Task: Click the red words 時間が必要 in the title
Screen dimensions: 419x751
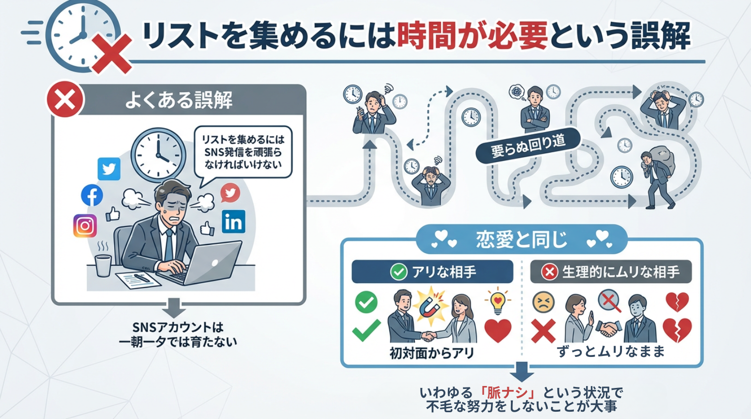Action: [472, 36]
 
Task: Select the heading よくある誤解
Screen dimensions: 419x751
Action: [179, 100]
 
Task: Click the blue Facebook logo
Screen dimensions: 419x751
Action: [92, 195]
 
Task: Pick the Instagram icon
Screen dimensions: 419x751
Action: [85, 226]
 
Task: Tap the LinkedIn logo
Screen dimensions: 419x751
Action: [233, 222]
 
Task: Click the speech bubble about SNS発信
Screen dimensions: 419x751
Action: [243, 152]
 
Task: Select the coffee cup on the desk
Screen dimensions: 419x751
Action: [103, 265]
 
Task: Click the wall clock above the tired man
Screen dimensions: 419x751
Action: [158, 150]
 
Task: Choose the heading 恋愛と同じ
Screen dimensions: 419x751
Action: [521, 239]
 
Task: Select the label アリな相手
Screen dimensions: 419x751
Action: [432, 272]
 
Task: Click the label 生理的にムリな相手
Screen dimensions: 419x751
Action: [611, 272]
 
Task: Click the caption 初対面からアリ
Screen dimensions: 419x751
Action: [432, 353]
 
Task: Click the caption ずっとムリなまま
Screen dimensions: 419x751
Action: [611, 351]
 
